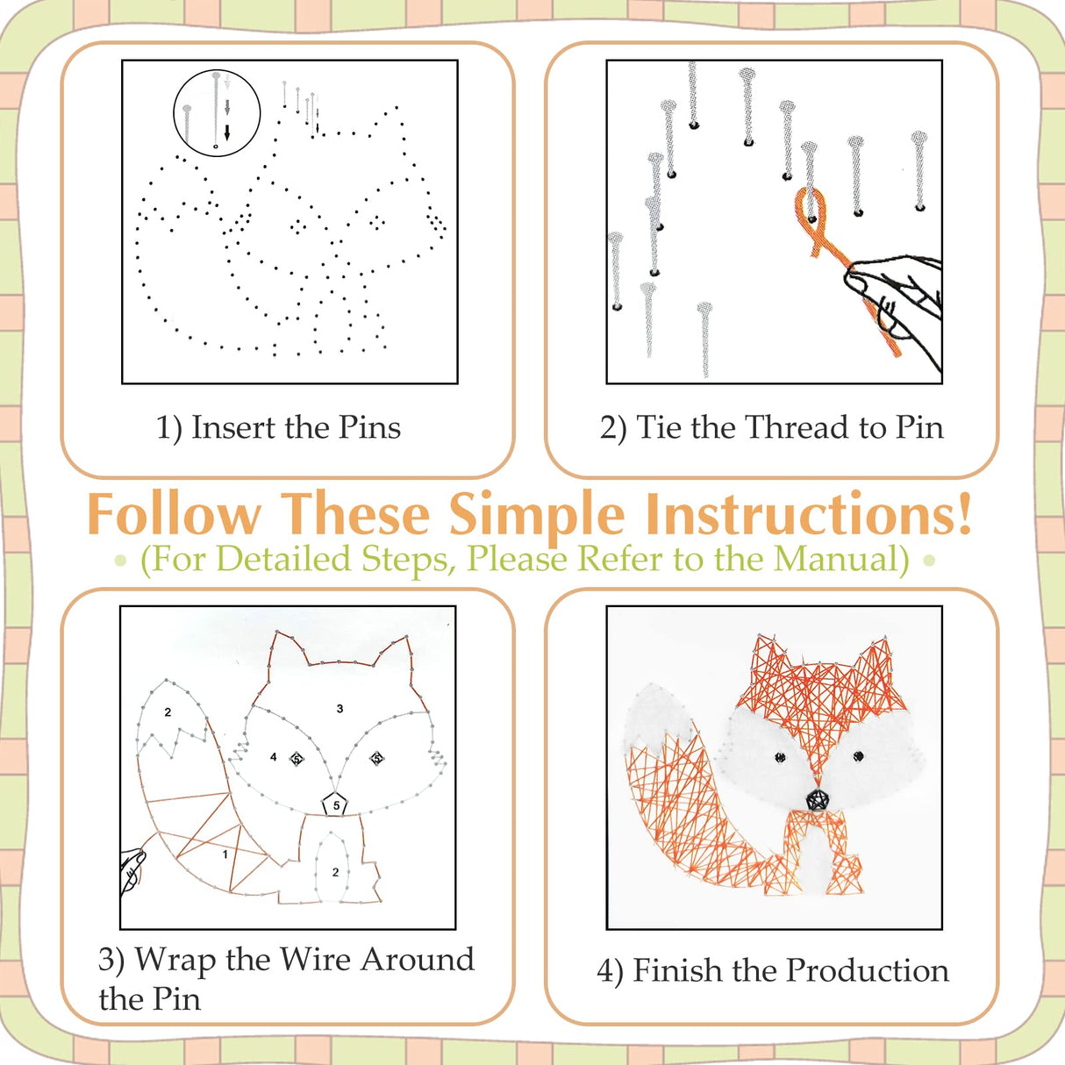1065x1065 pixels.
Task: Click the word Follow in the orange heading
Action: tap(175, 515)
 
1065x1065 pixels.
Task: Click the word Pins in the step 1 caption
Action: tap(369, 428)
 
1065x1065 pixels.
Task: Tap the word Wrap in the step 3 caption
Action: tap(175, 960)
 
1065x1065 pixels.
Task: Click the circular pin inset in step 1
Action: tap(217, 113)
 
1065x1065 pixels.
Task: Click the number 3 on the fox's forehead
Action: tap(340, 709)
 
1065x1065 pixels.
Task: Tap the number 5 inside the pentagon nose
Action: tap(336, 805)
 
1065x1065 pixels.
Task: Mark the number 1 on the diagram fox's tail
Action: tap(225, 854)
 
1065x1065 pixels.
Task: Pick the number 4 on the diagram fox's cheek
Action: tap(274, 757)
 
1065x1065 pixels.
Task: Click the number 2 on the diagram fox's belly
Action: tap(335, 872)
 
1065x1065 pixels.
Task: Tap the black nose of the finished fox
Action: tap(818, 799)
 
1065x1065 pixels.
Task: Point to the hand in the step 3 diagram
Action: tap(132, 868)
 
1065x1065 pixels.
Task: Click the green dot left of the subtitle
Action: tap(121, 560)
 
